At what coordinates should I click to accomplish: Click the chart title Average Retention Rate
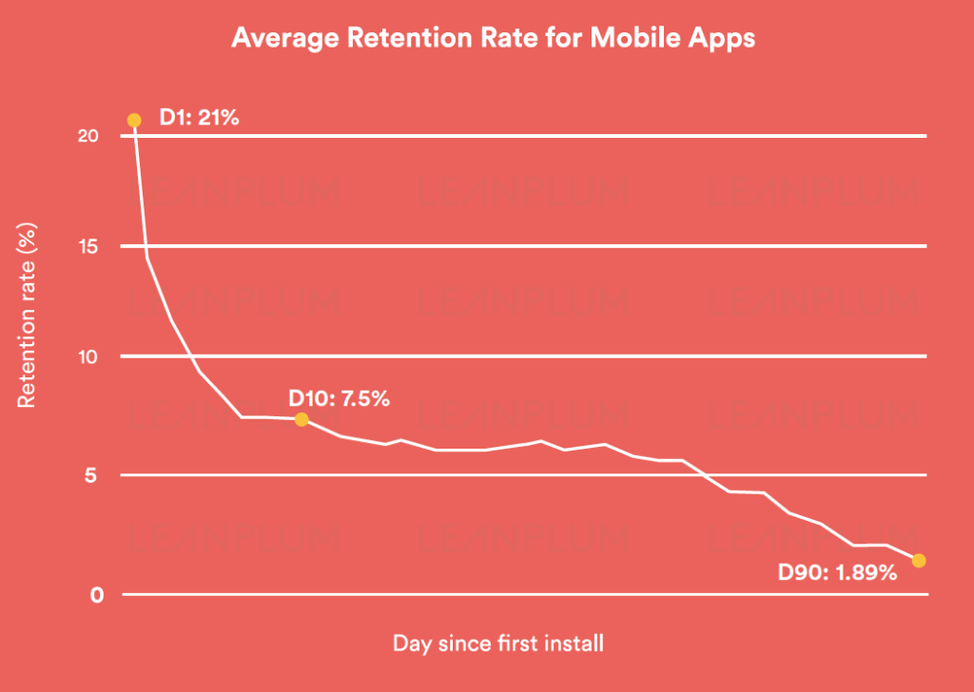[x=494, y=39]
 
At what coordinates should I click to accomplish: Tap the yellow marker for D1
[x=134, y=121]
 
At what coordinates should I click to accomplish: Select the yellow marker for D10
[x=301, y=419]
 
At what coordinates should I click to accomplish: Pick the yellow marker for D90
[x=919, y=561]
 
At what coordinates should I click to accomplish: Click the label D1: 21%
[x=199, y=120]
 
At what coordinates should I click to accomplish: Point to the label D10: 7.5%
[x=339, y=398]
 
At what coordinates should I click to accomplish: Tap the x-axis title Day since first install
[x=497, y=644]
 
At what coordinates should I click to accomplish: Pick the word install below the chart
[x=571, y=644]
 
